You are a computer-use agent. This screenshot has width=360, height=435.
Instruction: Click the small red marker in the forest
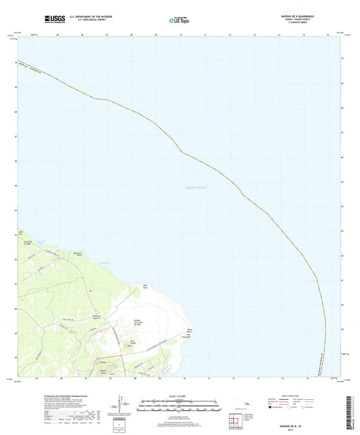(90, 291)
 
